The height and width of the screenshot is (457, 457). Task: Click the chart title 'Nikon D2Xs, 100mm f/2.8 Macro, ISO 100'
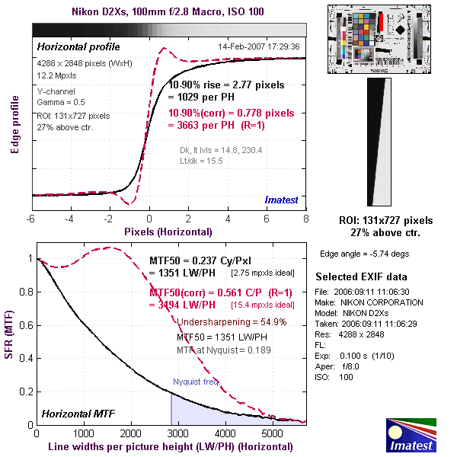[168, 12]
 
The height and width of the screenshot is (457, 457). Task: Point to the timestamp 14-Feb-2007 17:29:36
[258, 46]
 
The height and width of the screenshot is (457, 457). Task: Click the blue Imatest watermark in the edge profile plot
[282, 200]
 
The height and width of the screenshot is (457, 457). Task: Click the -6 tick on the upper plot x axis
[31, 219]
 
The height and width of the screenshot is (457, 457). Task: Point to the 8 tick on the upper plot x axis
[306, 219]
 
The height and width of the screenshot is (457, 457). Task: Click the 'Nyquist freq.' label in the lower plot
[196, 382]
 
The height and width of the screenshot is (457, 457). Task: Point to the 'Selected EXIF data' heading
[361, 276]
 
